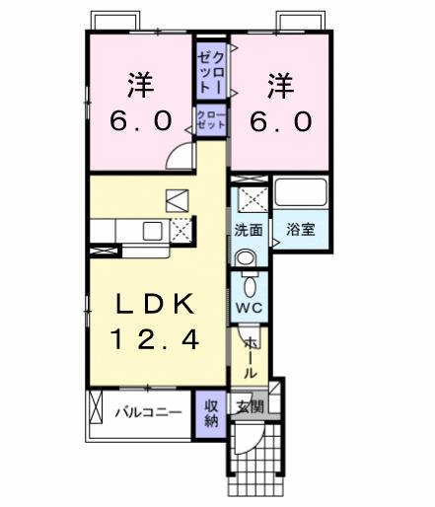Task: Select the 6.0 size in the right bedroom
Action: tap(277, 121)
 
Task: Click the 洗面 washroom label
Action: tap(249, 230)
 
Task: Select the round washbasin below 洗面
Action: tap(248, 257)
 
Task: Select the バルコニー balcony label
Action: tap(147, 411)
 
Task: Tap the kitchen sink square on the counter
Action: tap(152, 231)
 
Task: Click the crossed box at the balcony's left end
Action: tap(96, 407)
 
